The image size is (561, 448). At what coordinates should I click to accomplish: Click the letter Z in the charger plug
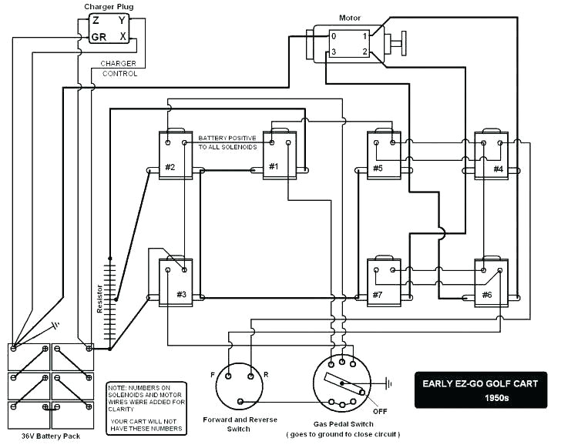pos(96,22)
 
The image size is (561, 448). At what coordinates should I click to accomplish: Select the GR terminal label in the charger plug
pos(98,37)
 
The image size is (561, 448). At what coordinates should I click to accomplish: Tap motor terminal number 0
pos(333,36)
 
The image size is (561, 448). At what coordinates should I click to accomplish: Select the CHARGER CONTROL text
pos(119,69)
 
